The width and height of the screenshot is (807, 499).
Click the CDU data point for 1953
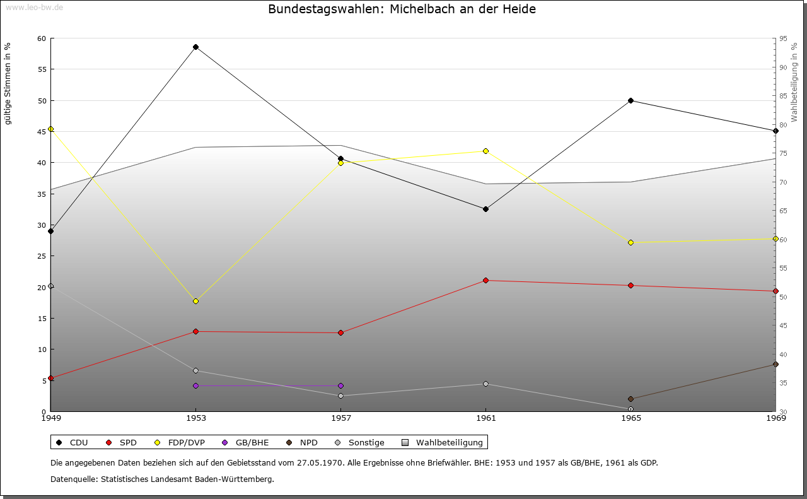pyautogui.click(x=195, y=47)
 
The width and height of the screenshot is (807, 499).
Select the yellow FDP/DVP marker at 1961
pyautogui.click(x=485, y=151)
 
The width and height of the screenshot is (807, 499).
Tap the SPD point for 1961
pyautogui.click(x=485, y=280)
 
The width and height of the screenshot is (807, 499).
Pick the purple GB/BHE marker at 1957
pyautogui.click(x=340, y=385)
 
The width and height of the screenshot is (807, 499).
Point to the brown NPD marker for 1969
pyautogui.click(x=775, y=364)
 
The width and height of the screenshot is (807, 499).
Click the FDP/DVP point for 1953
pyautogui.click(x=195, y=301)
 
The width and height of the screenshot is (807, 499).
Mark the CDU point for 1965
pyautogui.click(x=630, y=101)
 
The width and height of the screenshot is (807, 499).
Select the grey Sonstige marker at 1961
pyautogui.click(x=485, y=384)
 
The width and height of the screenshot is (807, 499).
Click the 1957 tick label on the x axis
pyautogui.click(x=340, y=418)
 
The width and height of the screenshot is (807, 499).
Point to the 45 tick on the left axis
pyautogui.click(x=42, y=132)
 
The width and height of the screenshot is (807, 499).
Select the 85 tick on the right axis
pyautogui.click(x=783, y=96)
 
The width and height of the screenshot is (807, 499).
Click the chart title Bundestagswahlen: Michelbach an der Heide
pyautogui.click(x=402, y=9)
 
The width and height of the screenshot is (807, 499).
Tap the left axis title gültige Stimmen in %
pyautogui.click(x=8, y=83)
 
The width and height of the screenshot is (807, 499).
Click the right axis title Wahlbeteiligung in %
pyautogui.click(x=794, y=83)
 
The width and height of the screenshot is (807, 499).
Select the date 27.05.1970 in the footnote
pyautogui.click(x=319, y=462)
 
